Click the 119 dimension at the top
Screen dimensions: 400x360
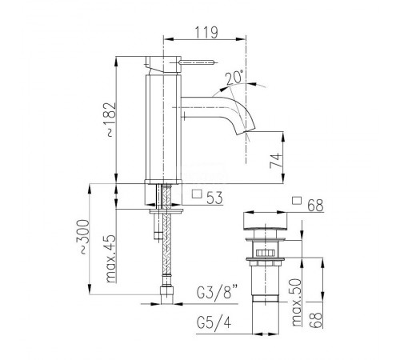point(206,33)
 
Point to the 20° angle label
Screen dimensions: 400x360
point(234,78)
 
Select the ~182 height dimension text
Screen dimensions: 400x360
point(110,119)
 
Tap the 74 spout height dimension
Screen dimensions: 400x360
point(276,160)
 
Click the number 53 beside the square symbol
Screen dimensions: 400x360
point(214,198)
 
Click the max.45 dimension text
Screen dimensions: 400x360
point(110,258)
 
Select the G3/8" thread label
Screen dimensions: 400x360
point(218,292)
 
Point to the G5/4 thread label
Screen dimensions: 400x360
point(214,323)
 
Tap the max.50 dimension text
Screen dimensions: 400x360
point(296,302)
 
